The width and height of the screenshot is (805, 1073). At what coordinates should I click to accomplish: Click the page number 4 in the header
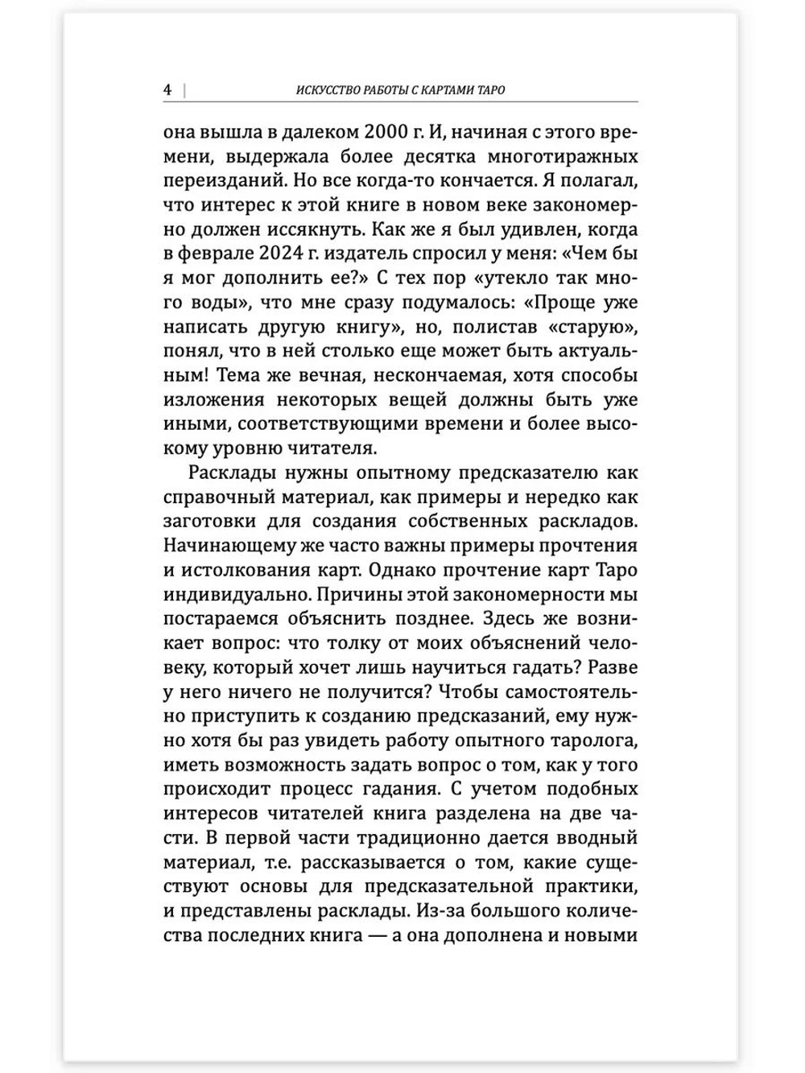click(x=167, y=89)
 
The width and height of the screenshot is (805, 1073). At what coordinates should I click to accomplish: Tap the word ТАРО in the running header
click(x=490, y=90)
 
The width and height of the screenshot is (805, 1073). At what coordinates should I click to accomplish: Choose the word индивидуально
click(x=233, y=595)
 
